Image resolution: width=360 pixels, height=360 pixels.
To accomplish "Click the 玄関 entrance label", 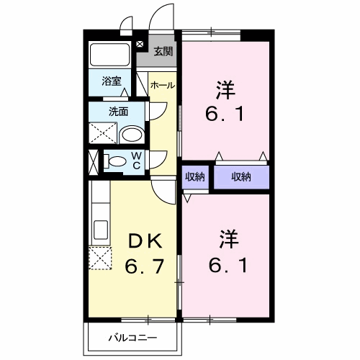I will pyautogui.click(x=163, y=51).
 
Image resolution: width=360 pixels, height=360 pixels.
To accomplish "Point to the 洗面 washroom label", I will pyautogui.click(x=118, y=111).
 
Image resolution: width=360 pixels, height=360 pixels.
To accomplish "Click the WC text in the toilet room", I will pyautogui.click(x=135, y=161).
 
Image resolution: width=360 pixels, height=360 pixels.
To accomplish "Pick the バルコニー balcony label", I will pyautogui.click(x=132, y=336).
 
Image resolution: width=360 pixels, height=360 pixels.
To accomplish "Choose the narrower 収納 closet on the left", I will pyautogui.click(x=194, y=176).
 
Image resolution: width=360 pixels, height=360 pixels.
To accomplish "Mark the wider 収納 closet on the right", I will pyautogui.click(x=241, y=176).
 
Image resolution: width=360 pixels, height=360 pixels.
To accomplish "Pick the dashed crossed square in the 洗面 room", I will pyautogui.click(x=101, y=133).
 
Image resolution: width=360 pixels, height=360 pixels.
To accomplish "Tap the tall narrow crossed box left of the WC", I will pyautogui.click(x=92, y=161).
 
